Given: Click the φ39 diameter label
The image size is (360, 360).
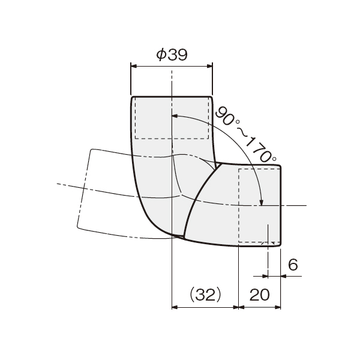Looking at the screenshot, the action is point(172,55).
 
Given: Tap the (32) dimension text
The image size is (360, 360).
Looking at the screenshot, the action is point(205,295).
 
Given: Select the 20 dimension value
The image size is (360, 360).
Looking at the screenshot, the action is point(259,295).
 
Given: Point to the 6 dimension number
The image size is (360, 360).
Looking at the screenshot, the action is point(293,264).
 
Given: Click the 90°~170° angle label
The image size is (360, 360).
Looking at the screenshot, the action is point(245,135).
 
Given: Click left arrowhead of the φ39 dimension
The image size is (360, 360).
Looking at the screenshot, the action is point(134,66).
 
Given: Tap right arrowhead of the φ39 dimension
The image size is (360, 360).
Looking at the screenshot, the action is point(209,66).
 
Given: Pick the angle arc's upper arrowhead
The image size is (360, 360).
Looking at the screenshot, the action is point(175,116).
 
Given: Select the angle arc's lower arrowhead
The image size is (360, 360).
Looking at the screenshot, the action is point(261,202).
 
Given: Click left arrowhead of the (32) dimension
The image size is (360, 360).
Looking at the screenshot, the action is point(175,307).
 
